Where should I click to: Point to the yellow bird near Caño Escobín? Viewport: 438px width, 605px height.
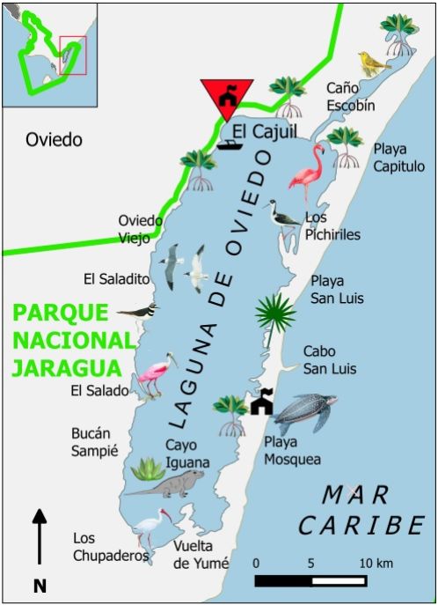coord(374,63)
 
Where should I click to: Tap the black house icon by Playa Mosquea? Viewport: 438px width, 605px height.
coord(261,403)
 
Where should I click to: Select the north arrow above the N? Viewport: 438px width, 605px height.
coord(39,535)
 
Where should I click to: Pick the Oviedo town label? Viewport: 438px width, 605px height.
coord(54,139)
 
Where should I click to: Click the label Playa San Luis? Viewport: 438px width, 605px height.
coord(337,290)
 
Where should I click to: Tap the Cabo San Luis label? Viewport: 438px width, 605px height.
coord(330,359)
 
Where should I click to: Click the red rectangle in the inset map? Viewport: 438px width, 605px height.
coord(72,55)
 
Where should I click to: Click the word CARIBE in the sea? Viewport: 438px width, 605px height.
coord(361,526)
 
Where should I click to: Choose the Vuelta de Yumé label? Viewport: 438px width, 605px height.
coord(201,555)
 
